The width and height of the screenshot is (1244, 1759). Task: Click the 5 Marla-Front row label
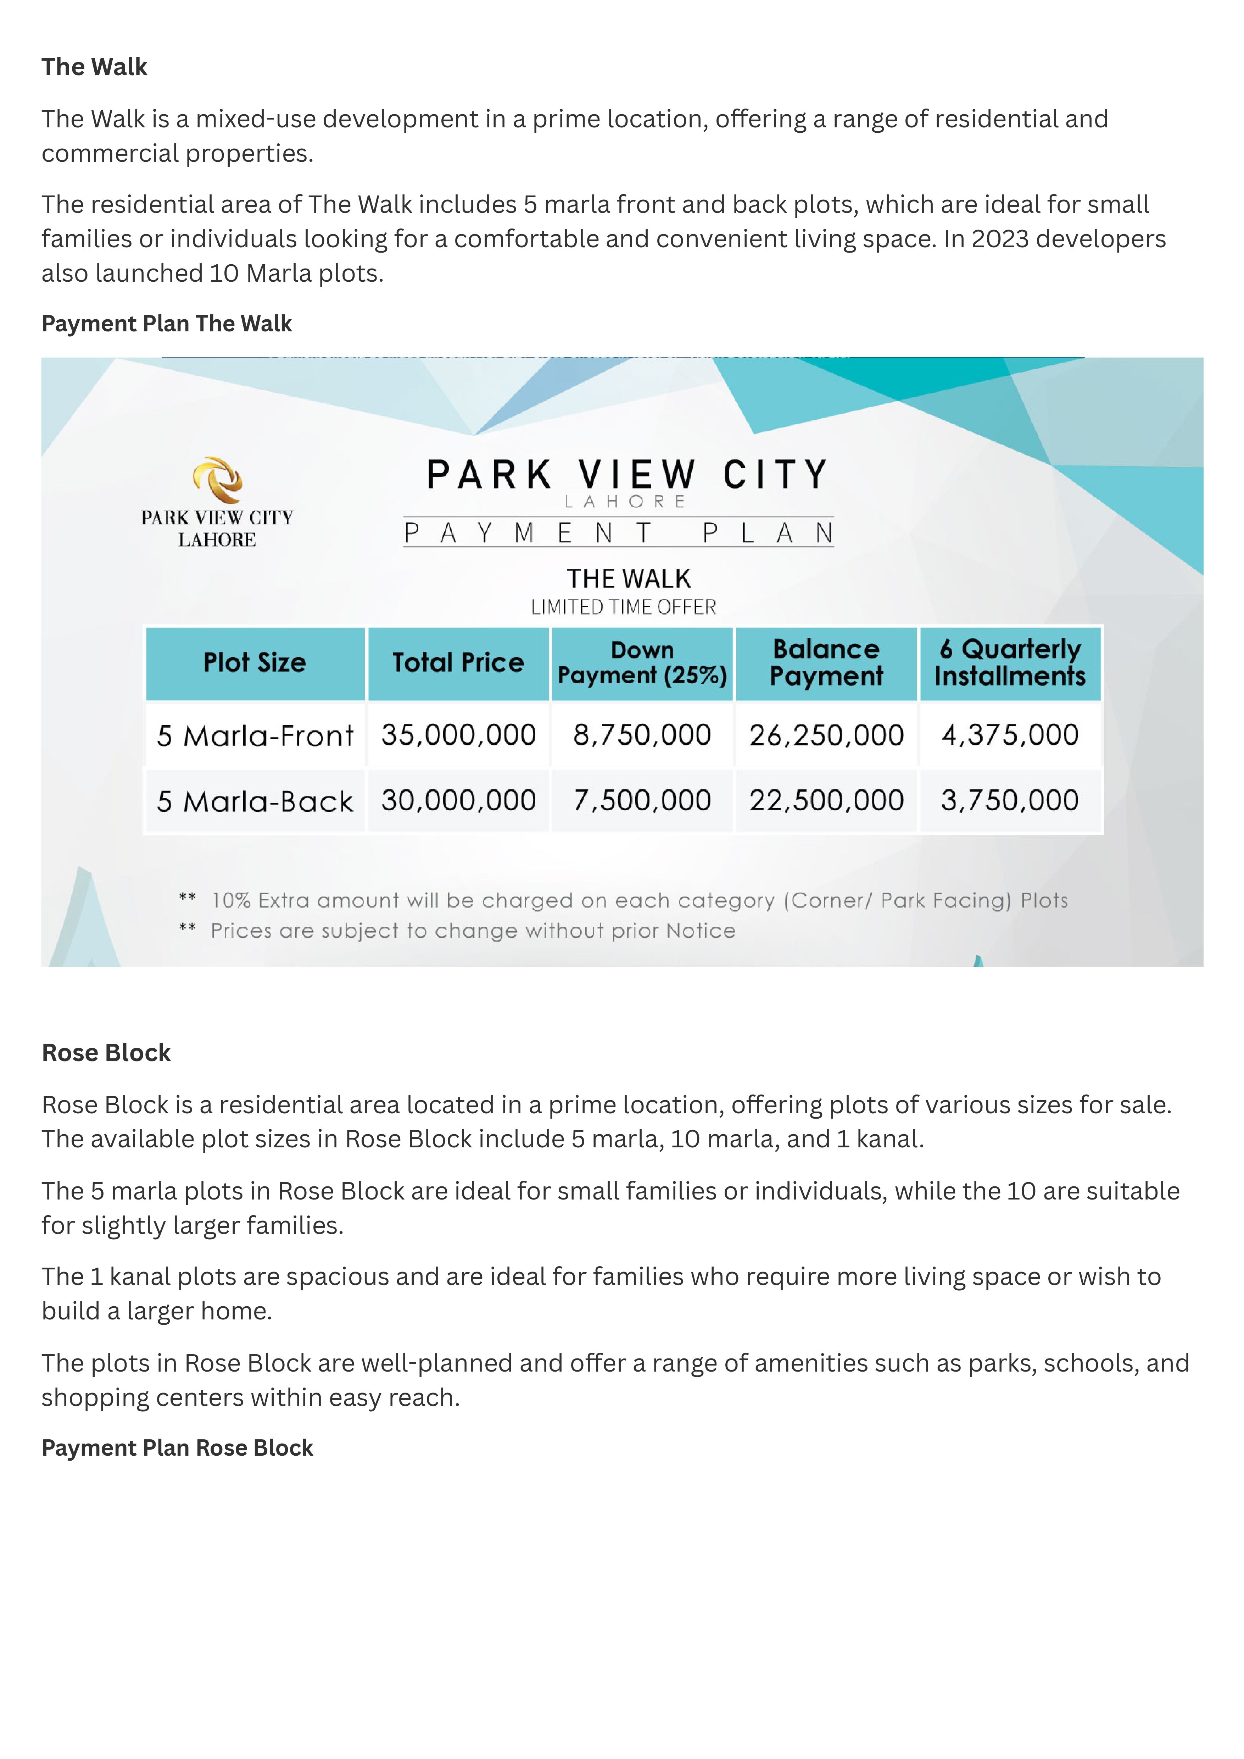tap(255, 736)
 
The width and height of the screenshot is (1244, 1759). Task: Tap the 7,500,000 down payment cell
tap(642, 801)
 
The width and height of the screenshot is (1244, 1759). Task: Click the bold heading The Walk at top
tap(94, 67)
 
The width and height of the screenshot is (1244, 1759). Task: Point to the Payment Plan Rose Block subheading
tap(177, 1448)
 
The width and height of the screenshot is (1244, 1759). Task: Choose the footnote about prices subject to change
tap(473, 931)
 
